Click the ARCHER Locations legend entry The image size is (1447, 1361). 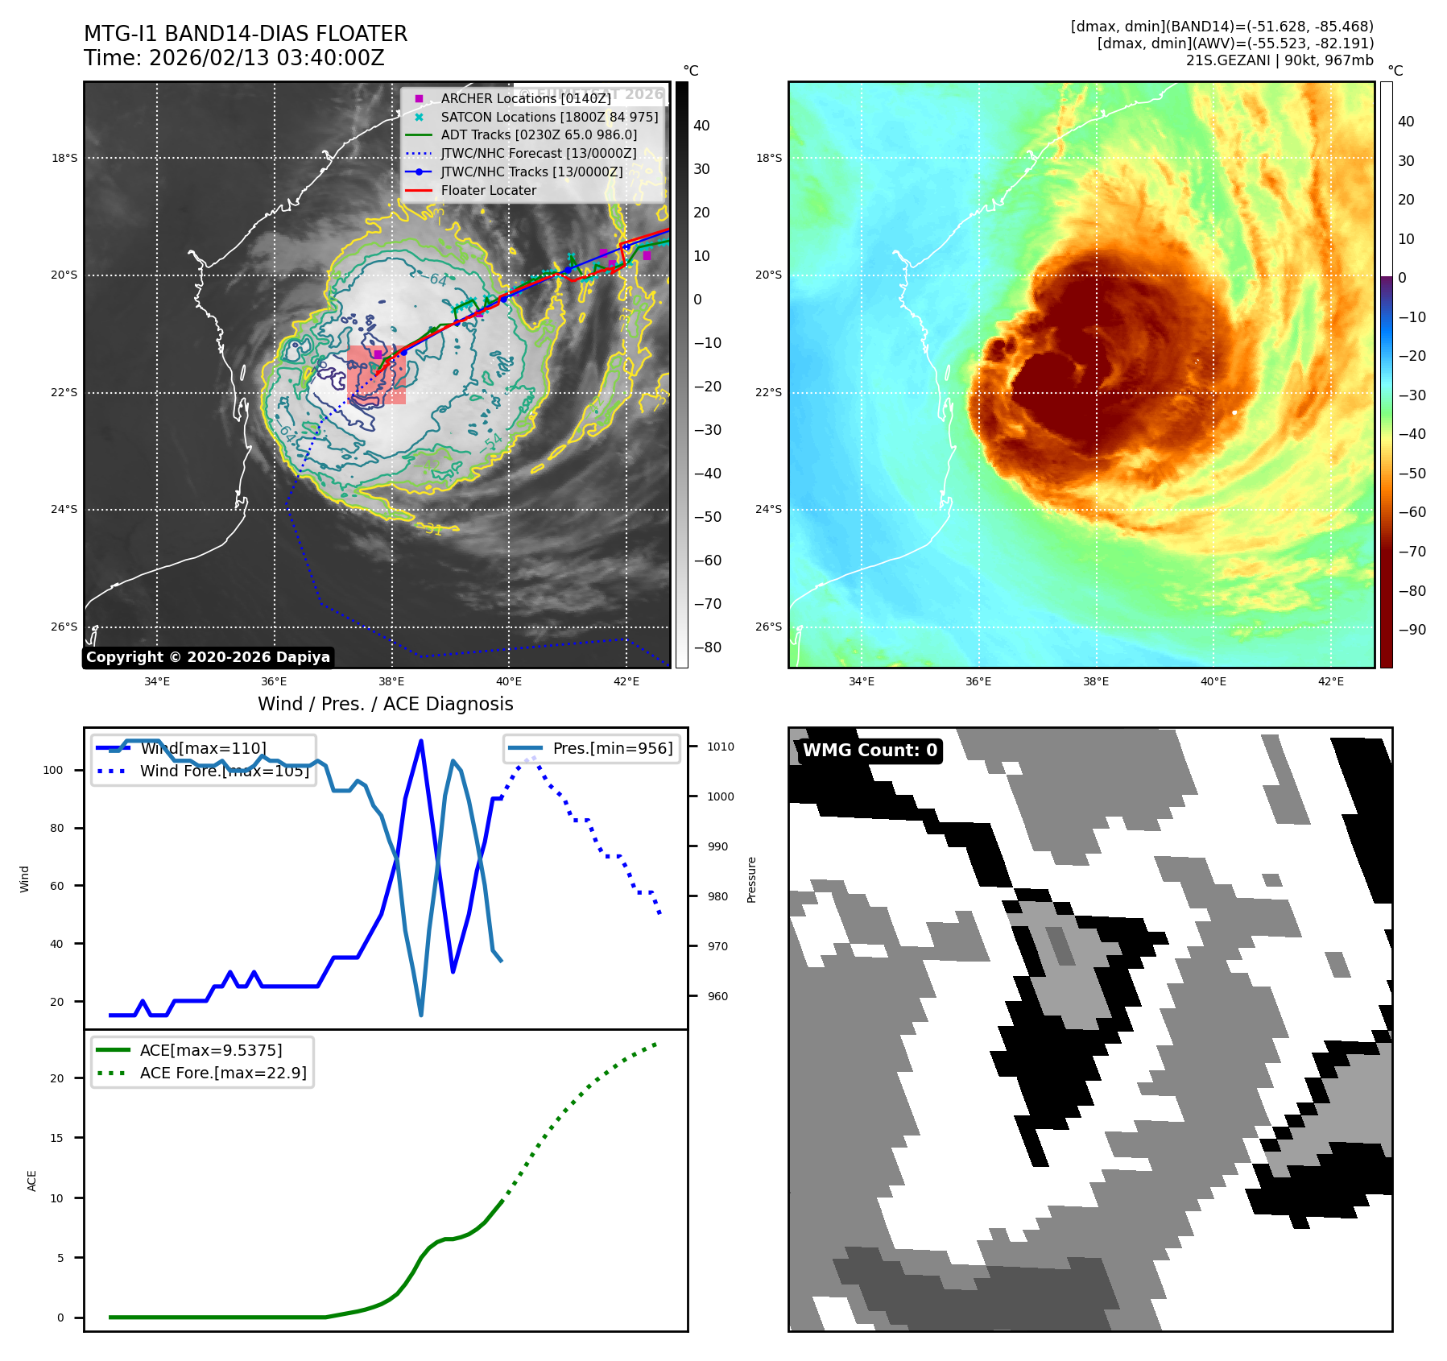(526, 98)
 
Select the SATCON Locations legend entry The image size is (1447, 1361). (549, 117)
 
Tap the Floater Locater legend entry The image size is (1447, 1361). (488, 190)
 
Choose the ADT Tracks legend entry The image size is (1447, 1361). (538, 134)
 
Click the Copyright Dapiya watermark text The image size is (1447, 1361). (208, 657)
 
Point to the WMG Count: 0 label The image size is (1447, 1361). (870, 751)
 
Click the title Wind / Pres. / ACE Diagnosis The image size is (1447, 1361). (385, 704)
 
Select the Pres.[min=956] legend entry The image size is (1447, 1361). (612, 748)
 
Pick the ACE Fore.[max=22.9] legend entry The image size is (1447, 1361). (222, 1073)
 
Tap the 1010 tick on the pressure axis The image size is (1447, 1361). (721, 747)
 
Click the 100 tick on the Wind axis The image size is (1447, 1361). (53, 770)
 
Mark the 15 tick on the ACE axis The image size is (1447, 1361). (56, 1138)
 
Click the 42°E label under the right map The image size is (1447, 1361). (1330, 681)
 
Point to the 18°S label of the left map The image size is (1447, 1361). (64, 158)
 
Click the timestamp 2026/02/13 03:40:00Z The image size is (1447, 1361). (267, 58)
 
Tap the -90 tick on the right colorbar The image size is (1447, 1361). (1412, 630)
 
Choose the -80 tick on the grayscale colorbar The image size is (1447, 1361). (708, 647)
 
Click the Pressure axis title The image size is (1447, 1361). (751, 879)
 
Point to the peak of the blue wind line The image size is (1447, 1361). (421, 741)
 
